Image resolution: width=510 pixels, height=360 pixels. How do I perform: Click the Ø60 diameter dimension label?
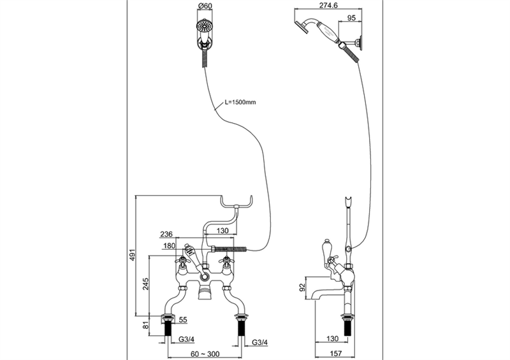[205, 6]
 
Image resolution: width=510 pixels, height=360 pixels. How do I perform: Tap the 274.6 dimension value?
[328, 6]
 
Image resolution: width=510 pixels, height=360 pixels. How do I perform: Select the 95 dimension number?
[352, 18]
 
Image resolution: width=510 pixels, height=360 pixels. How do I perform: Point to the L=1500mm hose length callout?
[240, 102]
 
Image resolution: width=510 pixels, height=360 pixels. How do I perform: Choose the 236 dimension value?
[166, 234]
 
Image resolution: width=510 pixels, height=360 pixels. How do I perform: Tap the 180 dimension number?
[169, 246]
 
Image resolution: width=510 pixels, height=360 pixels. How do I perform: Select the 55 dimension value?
[183, 320]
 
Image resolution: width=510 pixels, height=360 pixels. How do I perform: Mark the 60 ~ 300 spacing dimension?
[205, 354]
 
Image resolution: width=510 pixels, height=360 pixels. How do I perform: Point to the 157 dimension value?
[335, 353]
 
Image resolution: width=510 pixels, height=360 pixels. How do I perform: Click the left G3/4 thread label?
[186, 339]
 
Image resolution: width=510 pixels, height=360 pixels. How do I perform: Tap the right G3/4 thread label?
[260, 342]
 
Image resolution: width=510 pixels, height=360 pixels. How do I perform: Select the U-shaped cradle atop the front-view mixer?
[237, 203]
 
